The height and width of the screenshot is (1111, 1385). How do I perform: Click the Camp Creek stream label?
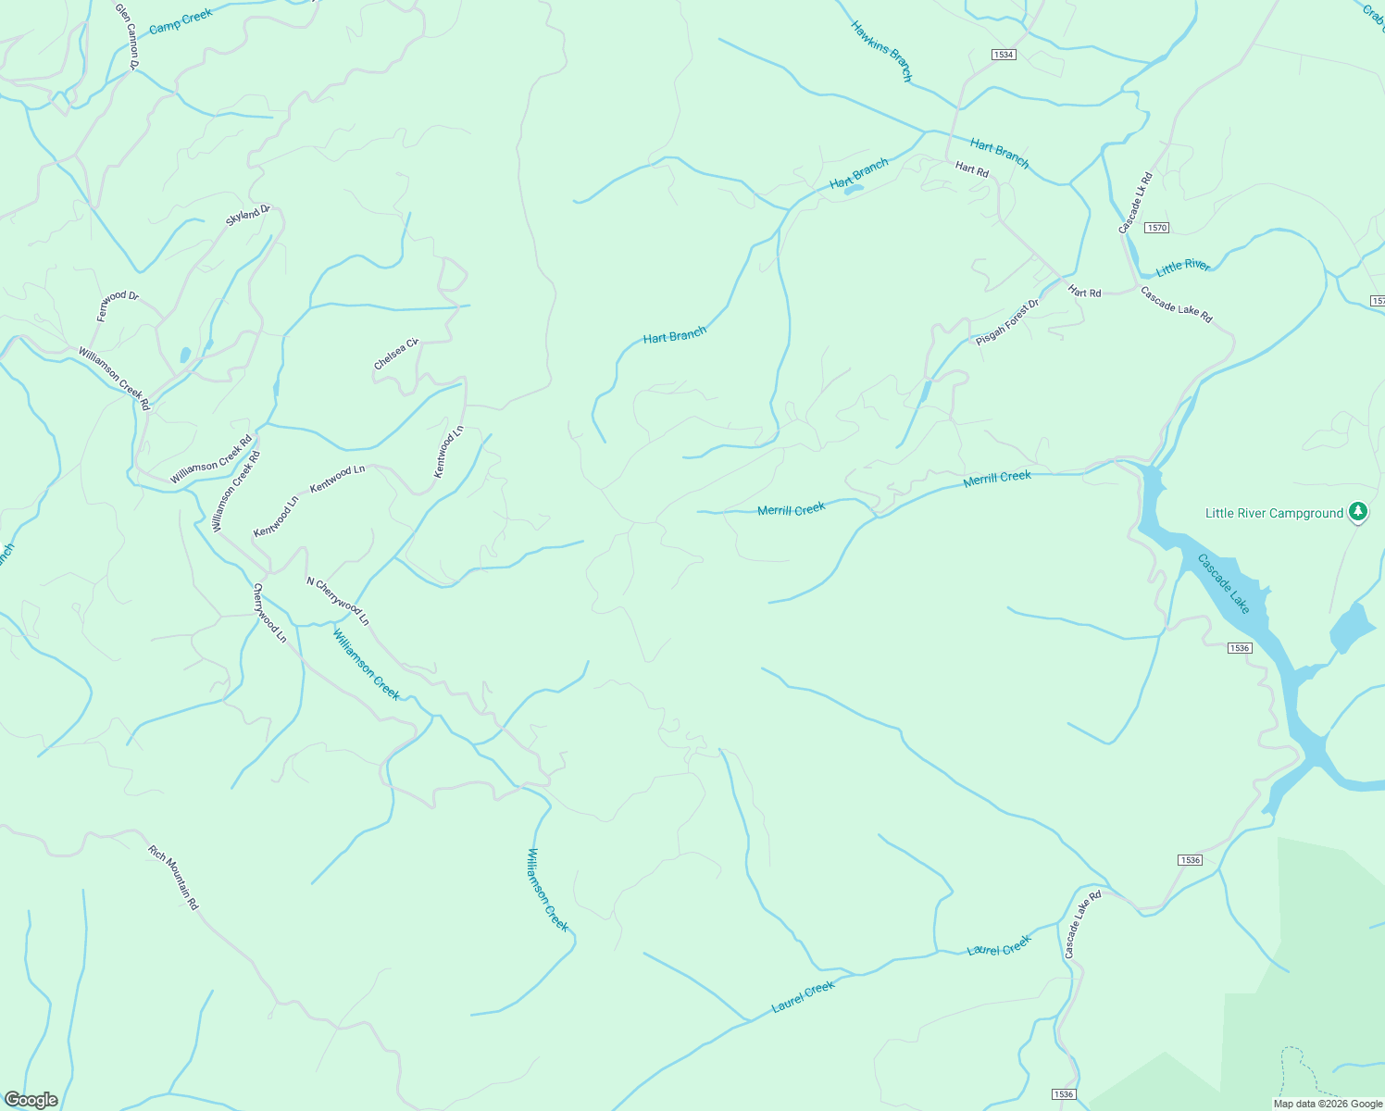181,20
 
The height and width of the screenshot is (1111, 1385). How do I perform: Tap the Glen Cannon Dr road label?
126,36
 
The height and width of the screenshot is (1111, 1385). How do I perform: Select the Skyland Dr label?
248,216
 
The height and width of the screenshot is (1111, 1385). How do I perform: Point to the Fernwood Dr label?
118,306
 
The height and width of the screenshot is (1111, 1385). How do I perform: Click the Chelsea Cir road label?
396,355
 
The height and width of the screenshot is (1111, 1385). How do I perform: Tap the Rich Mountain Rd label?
173,877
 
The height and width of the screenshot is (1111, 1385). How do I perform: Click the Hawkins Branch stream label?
881,52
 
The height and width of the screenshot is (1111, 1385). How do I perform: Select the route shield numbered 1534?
1004,55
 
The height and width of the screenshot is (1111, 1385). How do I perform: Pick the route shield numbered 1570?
1156,228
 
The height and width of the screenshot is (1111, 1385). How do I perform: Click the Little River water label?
1183,267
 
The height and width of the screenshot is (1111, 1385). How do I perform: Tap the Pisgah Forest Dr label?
1007,322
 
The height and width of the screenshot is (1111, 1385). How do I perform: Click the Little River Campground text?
1274,513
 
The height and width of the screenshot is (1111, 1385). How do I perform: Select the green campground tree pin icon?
1357,511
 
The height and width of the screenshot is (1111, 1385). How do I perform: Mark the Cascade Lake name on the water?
1223,583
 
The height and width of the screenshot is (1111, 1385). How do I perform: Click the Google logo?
31,1100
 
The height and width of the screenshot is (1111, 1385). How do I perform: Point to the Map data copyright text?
1328,1104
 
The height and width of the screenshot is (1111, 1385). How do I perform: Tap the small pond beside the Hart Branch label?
853,190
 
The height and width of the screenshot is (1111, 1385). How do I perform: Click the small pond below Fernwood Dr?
185,355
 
